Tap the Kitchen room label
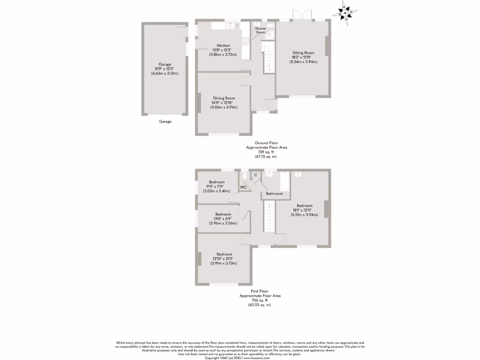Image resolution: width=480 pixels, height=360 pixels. [x=223, y=45]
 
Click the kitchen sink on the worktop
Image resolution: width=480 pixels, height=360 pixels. [x=235, y=25]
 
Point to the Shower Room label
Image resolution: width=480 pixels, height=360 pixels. [x=260, y=30]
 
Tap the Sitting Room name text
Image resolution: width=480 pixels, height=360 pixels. [x=303, y=53]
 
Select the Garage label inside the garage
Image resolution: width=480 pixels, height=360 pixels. [x=165, y=64]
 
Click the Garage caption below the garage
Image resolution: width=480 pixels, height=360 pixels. [x=165, y=121]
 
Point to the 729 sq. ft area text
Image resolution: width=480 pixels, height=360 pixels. [x=266, y=152]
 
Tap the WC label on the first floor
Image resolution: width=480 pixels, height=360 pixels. [x=243, y=187]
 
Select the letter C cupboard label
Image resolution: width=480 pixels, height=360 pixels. [x=255, y=175]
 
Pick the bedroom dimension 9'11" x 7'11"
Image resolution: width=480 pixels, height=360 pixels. [x=216, y=187]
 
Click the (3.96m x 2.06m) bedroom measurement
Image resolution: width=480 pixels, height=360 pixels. [x=223, y=223]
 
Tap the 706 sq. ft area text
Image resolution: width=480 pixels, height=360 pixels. [x=260, y=300]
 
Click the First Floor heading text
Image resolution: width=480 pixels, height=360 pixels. [x=260, y=291]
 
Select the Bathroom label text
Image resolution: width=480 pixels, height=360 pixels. [x=274, y=194]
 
